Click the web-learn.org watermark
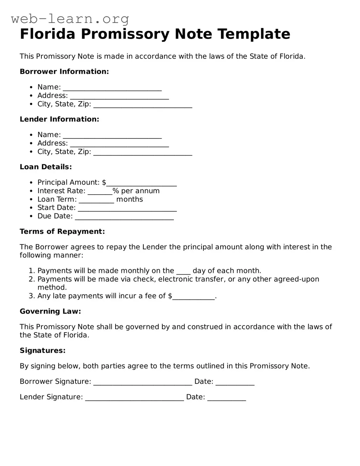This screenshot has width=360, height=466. click(70, 19)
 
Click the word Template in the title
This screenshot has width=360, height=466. click(254, 34)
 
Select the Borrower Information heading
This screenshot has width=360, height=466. click(64, 72)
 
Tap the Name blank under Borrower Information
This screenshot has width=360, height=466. click(112, 88)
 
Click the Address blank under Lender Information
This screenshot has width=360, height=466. click(119, 144)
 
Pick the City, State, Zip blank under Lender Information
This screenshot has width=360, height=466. click(143, 152)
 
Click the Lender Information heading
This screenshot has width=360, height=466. click(59, 119)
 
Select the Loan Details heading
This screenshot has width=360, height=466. click(46, 167)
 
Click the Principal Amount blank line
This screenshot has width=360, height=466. click(141, 183)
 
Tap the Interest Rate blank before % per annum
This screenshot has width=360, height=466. click(100, 192)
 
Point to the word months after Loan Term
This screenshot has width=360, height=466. click(129, 199)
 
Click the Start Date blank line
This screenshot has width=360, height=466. click(127, 209)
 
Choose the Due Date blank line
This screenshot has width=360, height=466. click(124, 217)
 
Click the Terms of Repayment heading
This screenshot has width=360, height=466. click(62, 232)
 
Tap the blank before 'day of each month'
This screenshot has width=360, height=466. click(183, 271)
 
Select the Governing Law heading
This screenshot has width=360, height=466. click(50, 311)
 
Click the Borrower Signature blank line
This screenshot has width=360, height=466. click(143, 382)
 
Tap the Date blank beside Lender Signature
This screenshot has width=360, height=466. click(227, 398)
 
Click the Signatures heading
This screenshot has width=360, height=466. click(42, 351)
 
